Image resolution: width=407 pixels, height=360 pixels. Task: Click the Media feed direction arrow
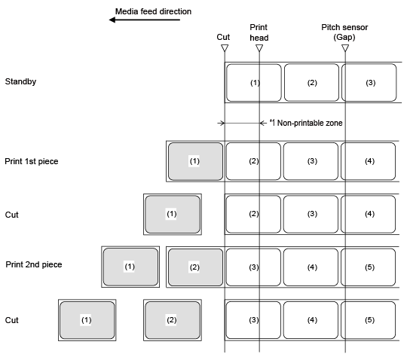145,20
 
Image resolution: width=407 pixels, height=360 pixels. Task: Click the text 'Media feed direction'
154,11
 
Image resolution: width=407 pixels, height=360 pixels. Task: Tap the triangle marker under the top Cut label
225,48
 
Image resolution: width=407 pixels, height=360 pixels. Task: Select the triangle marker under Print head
259,48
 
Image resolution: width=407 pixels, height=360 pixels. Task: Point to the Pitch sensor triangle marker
345,48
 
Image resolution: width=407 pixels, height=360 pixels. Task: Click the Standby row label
20,81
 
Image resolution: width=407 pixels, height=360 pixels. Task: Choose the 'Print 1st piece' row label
32,161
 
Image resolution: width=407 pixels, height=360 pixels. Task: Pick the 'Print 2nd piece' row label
34,264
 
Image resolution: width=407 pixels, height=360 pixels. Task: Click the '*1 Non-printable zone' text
306,123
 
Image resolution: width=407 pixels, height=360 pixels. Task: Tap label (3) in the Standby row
369,83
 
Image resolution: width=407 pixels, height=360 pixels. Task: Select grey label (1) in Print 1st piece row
195,161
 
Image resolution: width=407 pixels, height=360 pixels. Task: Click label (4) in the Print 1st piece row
369,161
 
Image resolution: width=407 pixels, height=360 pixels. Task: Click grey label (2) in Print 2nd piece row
195,267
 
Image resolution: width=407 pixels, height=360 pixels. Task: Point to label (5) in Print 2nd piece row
369,267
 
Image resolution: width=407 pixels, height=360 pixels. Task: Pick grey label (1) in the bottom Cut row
87,320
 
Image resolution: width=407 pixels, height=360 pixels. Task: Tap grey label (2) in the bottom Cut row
173,320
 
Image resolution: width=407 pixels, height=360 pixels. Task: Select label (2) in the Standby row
312,83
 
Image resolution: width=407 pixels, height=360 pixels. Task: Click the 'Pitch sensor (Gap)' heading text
344,32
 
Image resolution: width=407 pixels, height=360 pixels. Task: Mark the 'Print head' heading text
259,32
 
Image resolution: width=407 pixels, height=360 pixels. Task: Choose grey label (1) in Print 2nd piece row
130,267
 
